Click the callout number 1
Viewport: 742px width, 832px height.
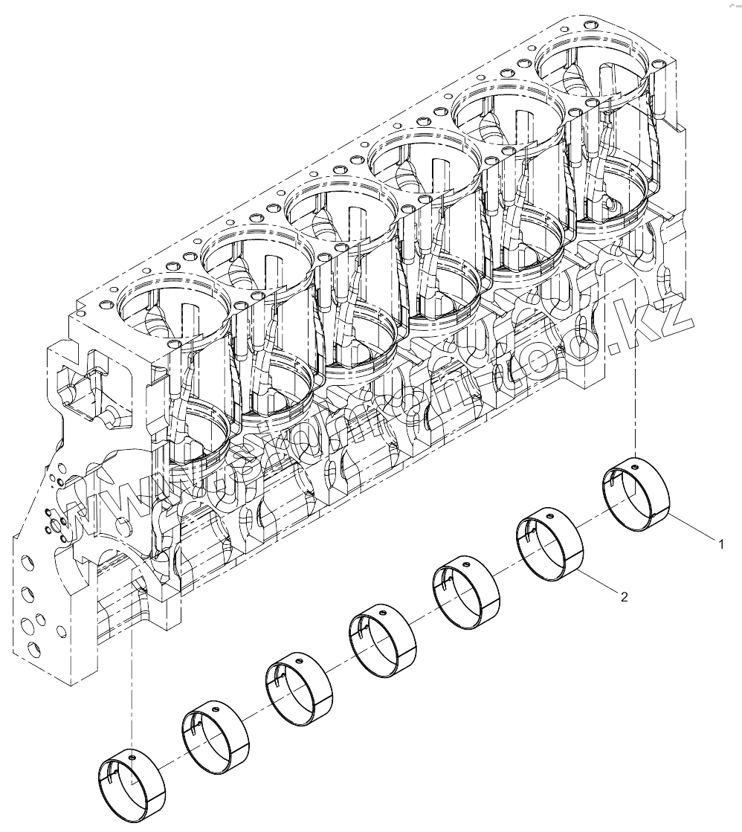[720, 545]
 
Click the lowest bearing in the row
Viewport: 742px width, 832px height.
[131, 784]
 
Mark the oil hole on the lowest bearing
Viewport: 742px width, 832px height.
[132, 757]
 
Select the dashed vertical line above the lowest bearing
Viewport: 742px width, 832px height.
[132, 684]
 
